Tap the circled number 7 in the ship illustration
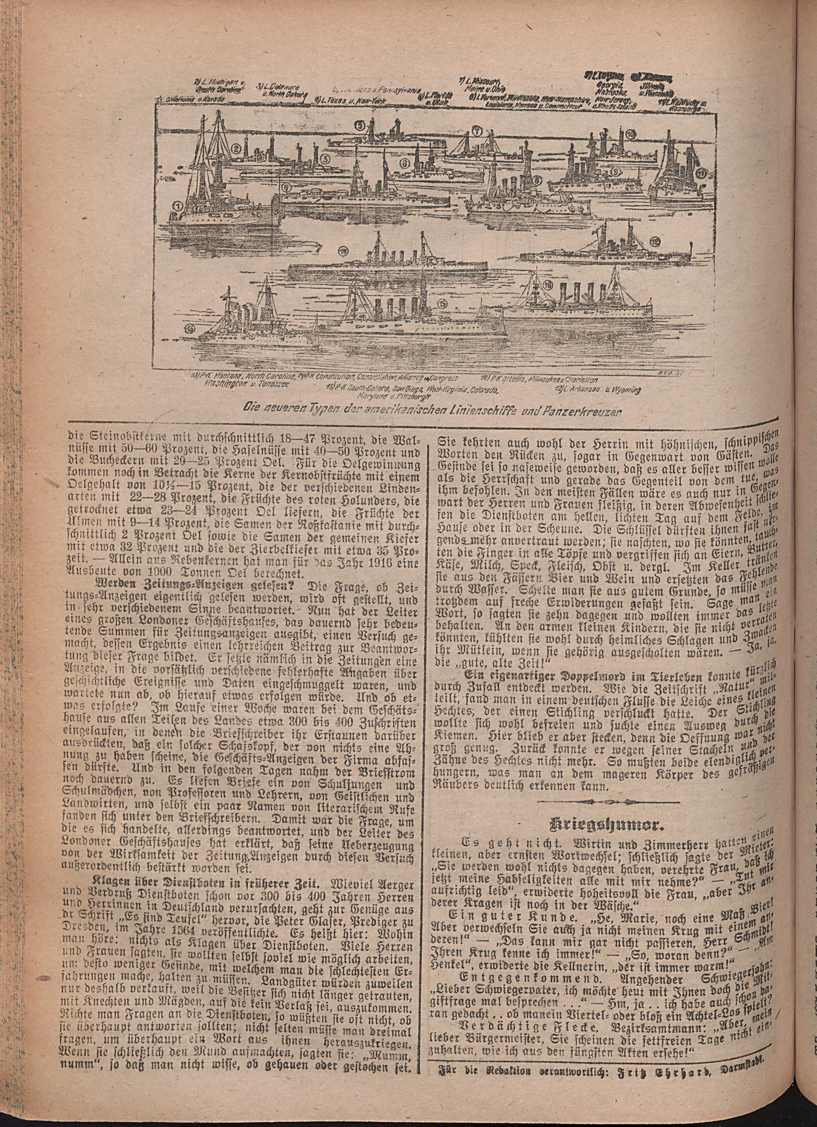coord(477,132)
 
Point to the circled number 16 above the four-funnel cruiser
coord(548,285)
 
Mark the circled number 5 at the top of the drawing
coord(359,126)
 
